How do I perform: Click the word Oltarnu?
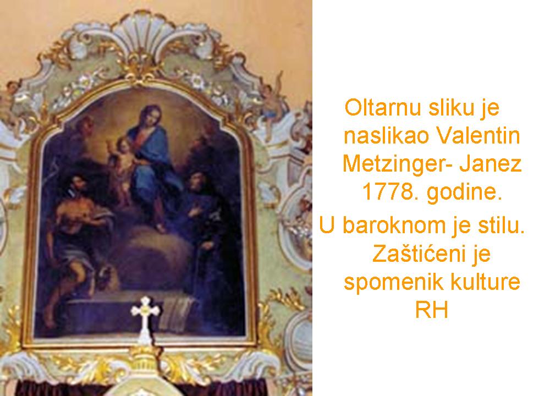tap(382, 107)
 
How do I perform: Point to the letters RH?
tap(432, 310)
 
